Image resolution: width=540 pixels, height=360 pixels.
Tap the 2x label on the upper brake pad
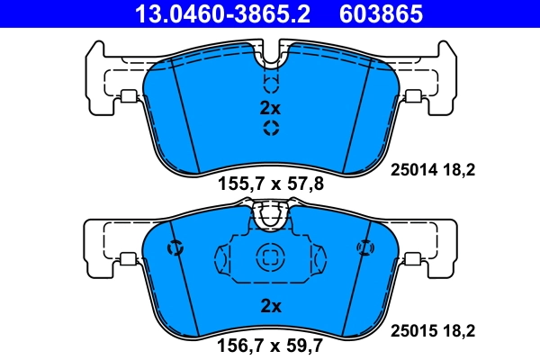[x=270, y=108]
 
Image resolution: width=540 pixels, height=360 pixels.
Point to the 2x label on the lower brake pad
[x=270, y=306]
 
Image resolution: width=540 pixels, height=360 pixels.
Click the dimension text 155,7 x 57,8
[x=270, y=184]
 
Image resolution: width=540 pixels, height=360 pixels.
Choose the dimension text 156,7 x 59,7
[x=270, y=343]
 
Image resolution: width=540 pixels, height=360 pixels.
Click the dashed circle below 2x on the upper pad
[x=271, y=129]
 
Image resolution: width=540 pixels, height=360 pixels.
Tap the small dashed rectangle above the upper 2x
[x=271, y=85]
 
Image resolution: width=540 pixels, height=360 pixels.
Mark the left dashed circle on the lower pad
[x=175, y=247]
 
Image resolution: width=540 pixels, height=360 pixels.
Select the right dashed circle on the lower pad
[x=364, y=247]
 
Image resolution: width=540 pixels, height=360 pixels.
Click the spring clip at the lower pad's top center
[x=271, y=215]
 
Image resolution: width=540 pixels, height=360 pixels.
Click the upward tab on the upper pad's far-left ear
[x=94, y=53]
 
